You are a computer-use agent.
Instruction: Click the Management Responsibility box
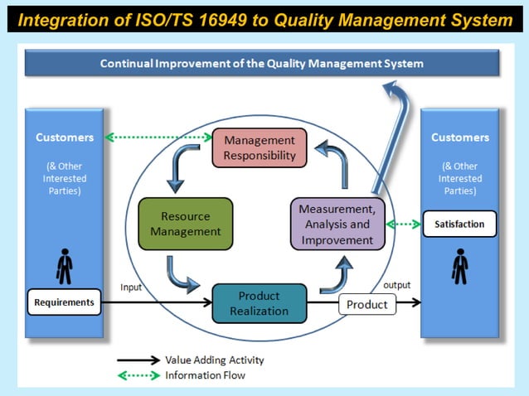(x=260, y=147)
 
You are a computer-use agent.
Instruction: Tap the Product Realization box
(x=259, y=303)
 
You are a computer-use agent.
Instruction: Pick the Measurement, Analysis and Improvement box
(x=337, y=224)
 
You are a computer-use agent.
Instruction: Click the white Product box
(x=366, y=304)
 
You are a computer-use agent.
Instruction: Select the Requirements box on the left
(x=65, y=302)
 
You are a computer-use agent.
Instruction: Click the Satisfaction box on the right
(x=459, y=224)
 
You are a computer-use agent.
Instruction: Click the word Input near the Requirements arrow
(x=132, y=287)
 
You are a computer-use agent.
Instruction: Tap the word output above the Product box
(x=396, y=285)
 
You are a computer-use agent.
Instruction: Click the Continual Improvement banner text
(x=262, y=63)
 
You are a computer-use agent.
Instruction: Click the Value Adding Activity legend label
(x=214, y=360)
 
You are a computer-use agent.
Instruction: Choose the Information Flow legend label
(x=205, y=374)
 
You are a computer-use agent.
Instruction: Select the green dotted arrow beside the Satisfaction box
(x=404, y=224)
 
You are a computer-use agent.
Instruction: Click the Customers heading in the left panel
(x=65, y=138)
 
